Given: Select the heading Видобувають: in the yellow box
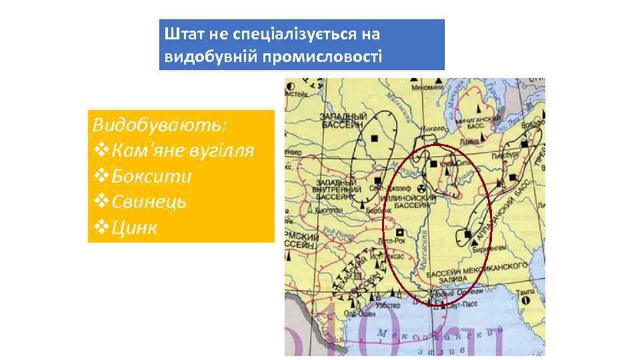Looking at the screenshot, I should [159, 125].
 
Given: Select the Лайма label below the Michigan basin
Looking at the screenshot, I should [468, 141].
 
